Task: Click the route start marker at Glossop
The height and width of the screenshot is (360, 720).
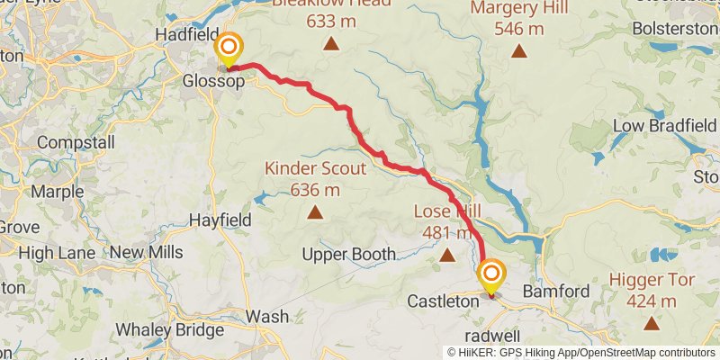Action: [x=229, y=48]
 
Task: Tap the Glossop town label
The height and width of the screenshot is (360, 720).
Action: [x=214, y=81]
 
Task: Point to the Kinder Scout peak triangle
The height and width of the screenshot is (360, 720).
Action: [x=315, y=212]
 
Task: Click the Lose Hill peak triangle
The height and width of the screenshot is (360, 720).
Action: [x=447, y=256]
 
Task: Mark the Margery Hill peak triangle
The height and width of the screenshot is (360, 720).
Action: [x=518, y=50]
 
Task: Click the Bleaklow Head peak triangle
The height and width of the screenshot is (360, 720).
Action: [x=331, y=43]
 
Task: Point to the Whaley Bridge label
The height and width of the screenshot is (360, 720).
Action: [x=169, y=330]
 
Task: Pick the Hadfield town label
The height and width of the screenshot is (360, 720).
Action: [x=187, y=34]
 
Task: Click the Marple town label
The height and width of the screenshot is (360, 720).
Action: [x=57, y=191]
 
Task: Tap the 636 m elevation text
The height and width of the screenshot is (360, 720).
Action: [x=315, y=190]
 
